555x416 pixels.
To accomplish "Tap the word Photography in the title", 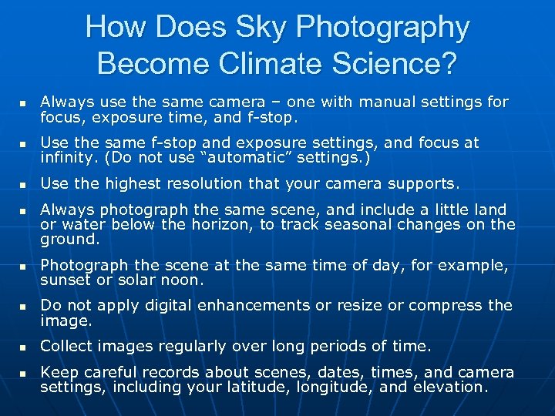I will [x=383, y=28].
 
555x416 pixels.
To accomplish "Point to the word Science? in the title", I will [x=389, y=63].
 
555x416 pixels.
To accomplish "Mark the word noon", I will [x=182, y=280].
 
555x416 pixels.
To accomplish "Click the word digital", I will [x=160, y=304].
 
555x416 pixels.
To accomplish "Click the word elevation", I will [x=450, y=387].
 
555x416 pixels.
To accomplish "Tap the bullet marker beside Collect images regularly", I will [x=23, y=346].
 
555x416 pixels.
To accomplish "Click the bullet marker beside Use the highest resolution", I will [x=23, y=185].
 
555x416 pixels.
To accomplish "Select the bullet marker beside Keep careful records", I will [x=23, y=373].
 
